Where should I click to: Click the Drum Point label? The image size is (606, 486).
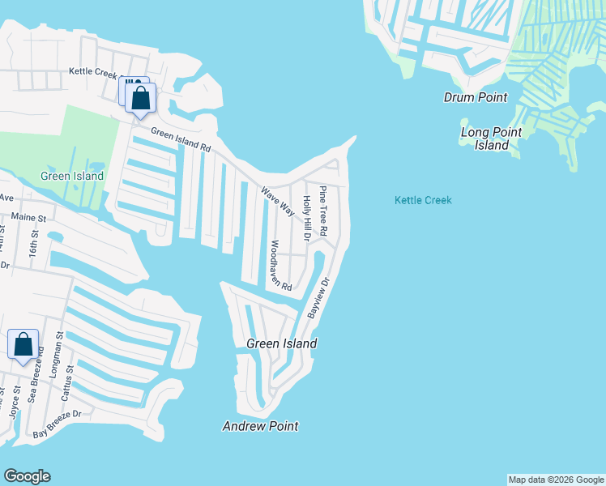pyautogui.click(x=476, y=97)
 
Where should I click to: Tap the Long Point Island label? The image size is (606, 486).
pyautogui.click(x=491, y=139)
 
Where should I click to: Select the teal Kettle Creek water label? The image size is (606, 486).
pyautogui.click(x=423, y=200)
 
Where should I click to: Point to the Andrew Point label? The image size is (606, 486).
pyautogui.click(x=261, y=426)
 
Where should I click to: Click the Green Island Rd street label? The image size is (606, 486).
pyautogui.click(x=181, y=142)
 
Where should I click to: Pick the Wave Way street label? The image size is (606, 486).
pyautogui.click(x=277, y=202)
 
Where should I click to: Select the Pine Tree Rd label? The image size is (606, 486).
pyautogui.click(x=322, y=211)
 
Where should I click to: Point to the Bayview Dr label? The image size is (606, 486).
pyautogui.click(x=319, y=297)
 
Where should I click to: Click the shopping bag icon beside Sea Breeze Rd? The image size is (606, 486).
pyautogui.click(x=23, y=344)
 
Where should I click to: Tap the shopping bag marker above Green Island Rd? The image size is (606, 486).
pyautogui.click(x=141, y=98)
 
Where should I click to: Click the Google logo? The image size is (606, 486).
pyautogui.click(x=27, y=476)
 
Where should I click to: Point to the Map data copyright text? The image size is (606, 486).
pyautogui.click(x=556, y=480)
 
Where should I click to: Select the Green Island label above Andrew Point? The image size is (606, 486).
pyautogui.click(x=281, y=343)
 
